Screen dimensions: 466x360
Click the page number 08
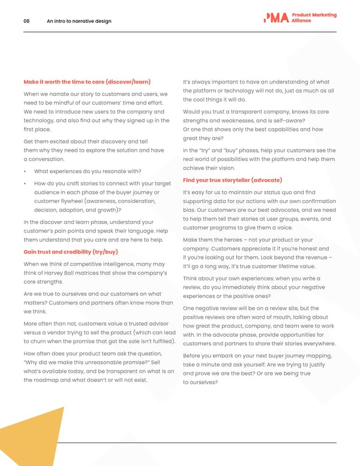click(26, 21)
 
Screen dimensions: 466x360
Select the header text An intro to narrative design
click(79, 21)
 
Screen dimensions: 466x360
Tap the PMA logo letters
click(276, 18)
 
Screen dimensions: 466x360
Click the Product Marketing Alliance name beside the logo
click(314, 18)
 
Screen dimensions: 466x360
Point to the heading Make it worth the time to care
click(86, 82)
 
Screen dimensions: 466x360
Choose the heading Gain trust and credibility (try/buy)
click(70, 251)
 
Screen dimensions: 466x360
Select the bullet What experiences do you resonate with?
click(88, 171)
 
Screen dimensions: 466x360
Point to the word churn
click(40, 342)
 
